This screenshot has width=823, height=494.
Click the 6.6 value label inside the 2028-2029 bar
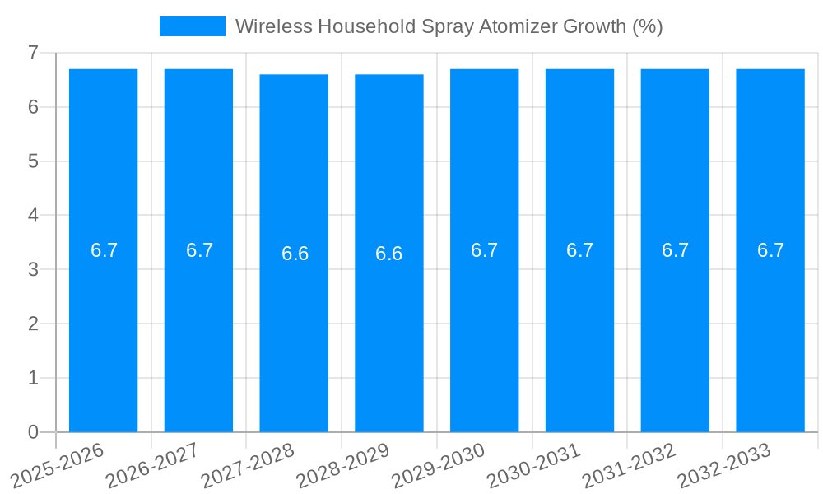click(x=389, y=254)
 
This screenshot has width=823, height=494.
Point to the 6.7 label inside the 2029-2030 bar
click(x=485, y=250)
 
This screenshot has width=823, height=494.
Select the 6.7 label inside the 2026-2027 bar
click(x=199, y=250)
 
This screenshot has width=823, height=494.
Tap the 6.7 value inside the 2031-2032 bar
click(x=675, y=250)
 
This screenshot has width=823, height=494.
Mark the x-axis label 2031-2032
click(x=629, y=464)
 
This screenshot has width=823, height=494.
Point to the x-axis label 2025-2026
click(x=58, y=464)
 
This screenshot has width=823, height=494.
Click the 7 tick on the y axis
click(x=33, y=53)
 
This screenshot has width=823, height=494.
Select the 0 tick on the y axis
click(x=33, y=432)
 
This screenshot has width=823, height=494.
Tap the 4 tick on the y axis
click(x=33, y=216)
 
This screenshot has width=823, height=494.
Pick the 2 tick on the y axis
click(x=33, y=324)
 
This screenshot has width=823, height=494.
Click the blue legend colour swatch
click(x=192, y=26)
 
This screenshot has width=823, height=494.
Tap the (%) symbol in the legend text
click(x=647, y=26)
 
